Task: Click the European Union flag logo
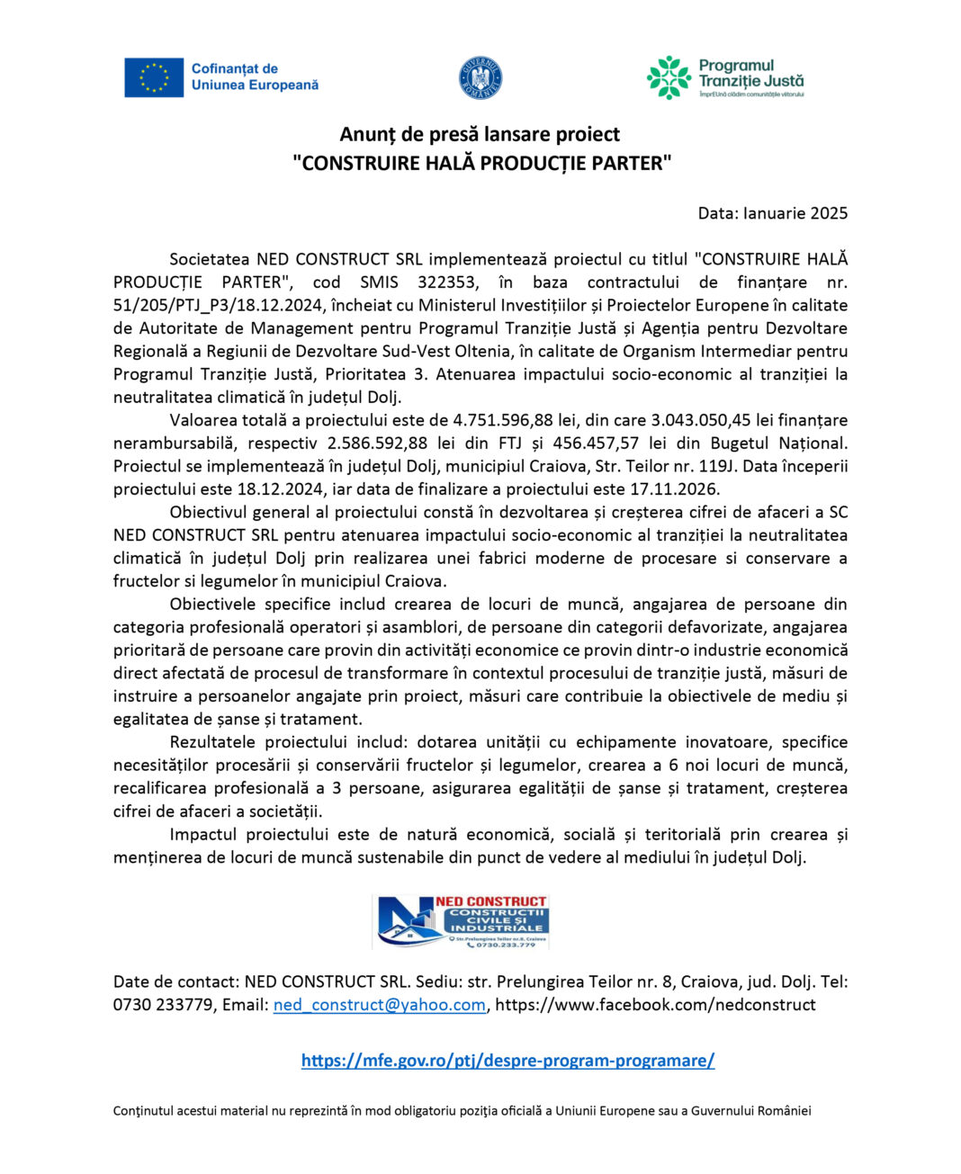[x=154, y=78]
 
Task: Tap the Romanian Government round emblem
[x=480, y=78]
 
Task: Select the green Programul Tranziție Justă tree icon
[x=669, y=77]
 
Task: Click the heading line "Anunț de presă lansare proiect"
[x=480, y=134]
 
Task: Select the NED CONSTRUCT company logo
[x=461, y=921]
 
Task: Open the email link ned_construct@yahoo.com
[x=379, y=1005]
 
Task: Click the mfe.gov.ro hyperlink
[x=507, y=1061]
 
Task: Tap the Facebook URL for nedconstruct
[x=655, y=1005]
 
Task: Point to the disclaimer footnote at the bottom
[x=462, y=1111]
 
